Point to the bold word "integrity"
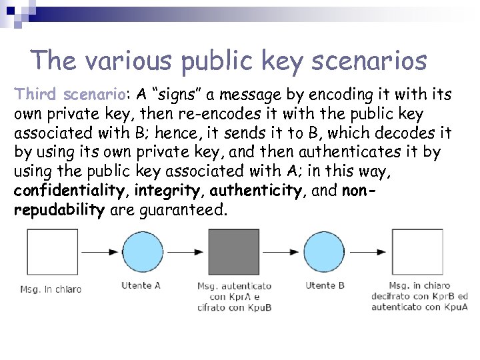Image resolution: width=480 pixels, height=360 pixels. [165, 191]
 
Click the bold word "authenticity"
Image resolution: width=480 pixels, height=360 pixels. [255, 191]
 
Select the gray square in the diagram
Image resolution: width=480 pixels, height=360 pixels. [234, 252]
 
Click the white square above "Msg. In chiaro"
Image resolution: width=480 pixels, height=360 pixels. [50, 252]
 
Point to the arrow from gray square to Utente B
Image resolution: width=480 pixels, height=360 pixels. [281, 253]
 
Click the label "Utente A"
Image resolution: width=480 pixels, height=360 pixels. [141, 285]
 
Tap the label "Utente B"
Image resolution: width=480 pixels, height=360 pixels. [325, 285]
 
